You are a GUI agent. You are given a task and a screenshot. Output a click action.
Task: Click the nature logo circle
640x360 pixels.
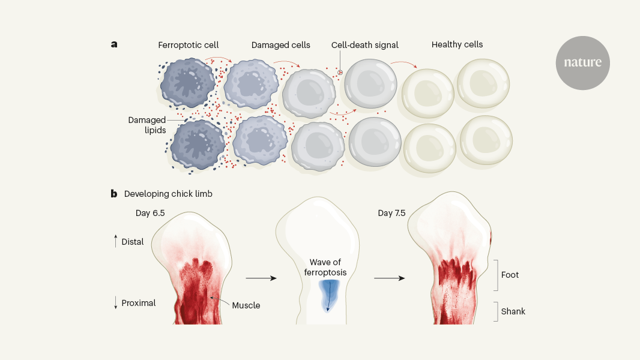click(582, 63)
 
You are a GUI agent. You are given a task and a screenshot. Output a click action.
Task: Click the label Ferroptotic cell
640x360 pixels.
click(189, 45)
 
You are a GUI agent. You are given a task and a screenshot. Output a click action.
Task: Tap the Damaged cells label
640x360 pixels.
click(280, 45)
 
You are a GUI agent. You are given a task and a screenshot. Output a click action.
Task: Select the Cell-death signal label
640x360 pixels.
click(364, 45)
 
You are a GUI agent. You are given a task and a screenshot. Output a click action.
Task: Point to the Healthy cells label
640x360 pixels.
click(457, 44)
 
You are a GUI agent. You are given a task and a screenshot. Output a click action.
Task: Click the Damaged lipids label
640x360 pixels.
click(147, 125)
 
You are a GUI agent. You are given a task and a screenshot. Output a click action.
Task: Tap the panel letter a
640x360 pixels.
click(113, 44)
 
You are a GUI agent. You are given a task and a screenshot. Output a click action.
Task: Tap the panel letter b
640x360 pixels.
click(113, 194)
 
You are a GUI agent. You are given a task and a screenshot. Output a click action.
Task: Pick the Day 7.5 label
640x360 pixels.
click(393, 213)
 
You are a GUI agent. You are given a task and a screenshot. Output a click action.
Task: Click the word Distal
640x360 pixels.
click(133, 242)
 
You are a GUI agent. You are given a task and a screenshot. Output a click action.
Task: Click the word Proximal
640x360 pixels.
click(139, 303)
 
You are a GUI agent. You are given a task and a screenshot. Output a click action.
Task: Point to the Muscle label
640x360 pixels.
click(246, 305)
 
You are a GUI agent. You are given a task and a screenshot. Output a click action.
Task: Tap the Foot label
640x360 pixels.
click(510, 275)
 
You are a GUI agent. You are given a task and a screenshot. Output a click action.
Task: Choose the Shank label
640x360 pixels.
click(513, 311)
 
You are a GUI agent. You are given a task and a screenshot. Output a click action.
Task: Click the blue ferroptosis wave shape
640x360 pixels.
click(328, 294)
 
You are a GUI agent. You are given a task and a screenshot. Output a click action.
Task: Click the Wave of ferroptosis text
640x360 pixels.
click(328, 268)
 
